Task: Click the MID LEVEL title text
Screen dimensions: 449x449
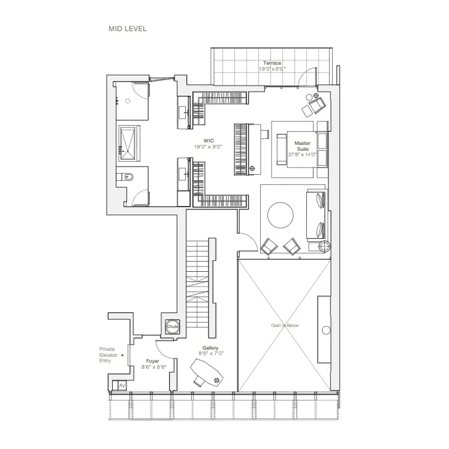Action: [127, 28]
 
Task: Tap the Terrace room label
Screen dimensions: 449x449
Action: [272, 63]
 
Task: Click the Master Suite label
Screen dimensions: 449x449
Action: [302, 147]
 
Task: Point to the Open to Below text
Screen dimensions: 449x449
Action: [284, 325]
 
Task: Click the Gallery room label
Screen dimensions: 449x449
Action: [210, 348]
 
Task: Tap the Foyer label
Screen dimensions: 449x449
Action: [152, 361]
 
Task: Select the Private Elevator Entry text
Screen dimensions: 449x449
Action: [109, 355]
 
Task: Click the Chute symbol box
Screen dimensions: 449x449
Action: [173, 327]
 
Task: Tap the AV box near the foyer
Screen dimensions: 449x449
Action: [122, 385]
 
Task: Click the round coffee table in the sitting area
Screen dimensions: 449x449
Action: [280, 214]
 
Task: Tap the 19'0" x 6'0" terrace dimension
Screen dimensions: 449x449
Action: [272, 69]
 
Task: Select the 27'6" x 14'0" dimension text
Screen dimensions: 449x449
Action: [302, 154]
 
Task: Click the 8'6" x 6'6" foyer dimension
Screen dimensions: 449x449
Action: [152, 367]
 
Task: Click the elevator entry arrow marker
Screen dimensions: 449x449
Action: [123, 355]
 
